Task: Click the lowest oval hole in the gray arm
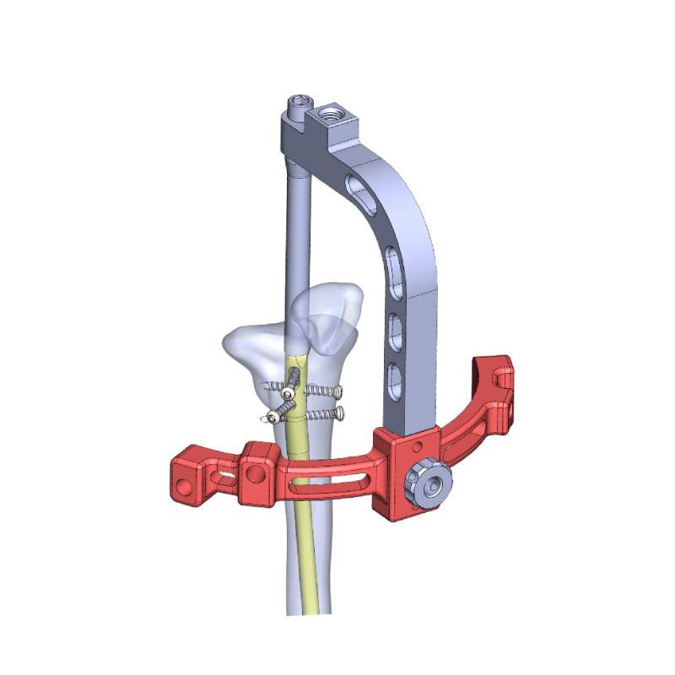pos(393,376)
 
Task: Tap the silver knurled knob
pos(429,485)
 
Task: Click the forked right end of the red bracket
pos(494,376)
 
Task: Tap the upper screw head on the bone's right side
pos(337,391)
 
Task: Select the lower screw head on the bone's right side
pos(339,413)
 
